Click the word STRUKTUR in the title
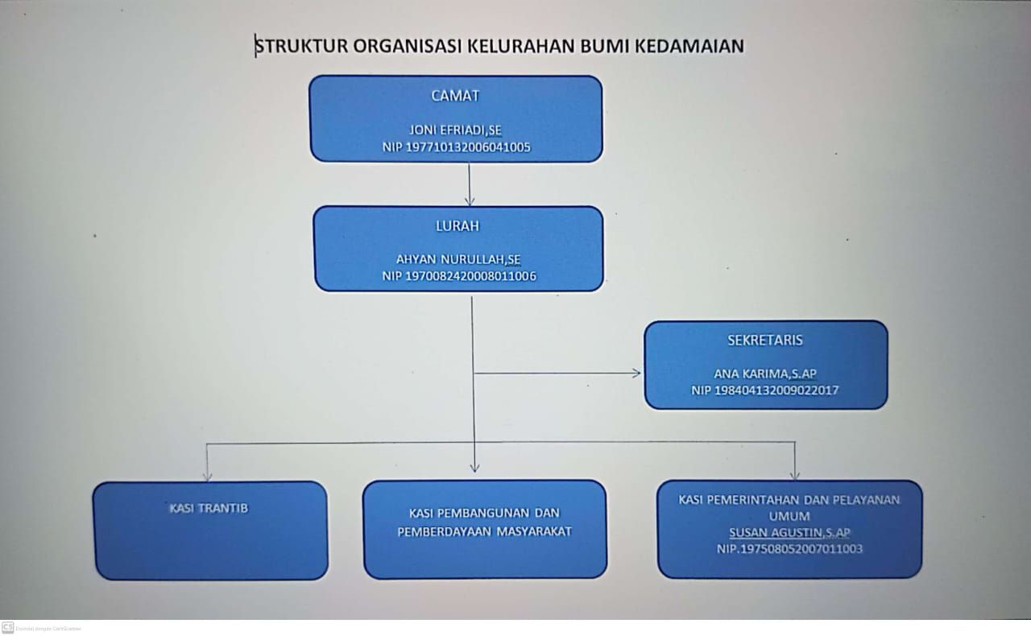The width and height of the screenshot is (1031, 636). [301, 46]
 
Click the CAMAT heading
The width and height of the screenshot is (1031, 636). [455, 96]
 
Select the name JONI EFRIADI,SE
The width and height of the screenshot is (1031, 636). [455, 130]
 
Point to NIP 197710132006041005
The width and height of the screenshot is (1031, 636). [456, 147]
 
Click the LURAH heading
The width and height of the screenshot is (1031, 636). [458, 226]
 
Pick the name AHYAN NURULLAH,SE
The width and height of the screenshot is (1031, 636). [458, 259]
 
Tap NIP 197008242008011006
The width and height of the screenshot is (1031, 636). [459, 276]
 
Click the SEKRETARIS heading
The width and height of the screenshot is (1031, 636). [765, 340]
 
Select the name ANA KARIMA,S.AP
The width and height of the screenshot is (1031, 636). [765, 374]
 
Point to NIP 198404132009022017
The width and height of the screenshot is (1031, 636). [764, 390]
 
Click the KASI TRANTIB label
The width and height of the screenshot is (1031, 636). [209, 508]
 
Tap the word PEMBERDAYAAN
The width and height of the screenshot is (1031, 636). [444, 531]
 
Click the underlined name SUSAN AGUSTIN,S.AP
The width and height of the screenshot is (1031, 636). [789, 532]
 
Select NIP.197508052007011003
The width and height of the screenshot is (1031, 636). [789, 548]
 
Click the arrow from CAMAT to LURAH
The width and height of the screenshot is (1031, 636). [469, 184]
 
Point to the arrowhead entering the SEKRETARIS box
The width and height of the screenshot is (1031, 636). [636, 374]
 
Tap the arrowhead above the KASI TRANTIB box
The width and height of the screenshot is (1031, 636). [207, 475]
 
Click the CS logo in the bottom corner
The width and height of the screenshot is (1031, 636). [8, 627]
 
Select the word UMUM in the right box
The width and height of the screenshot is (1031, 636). [789, 516]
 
